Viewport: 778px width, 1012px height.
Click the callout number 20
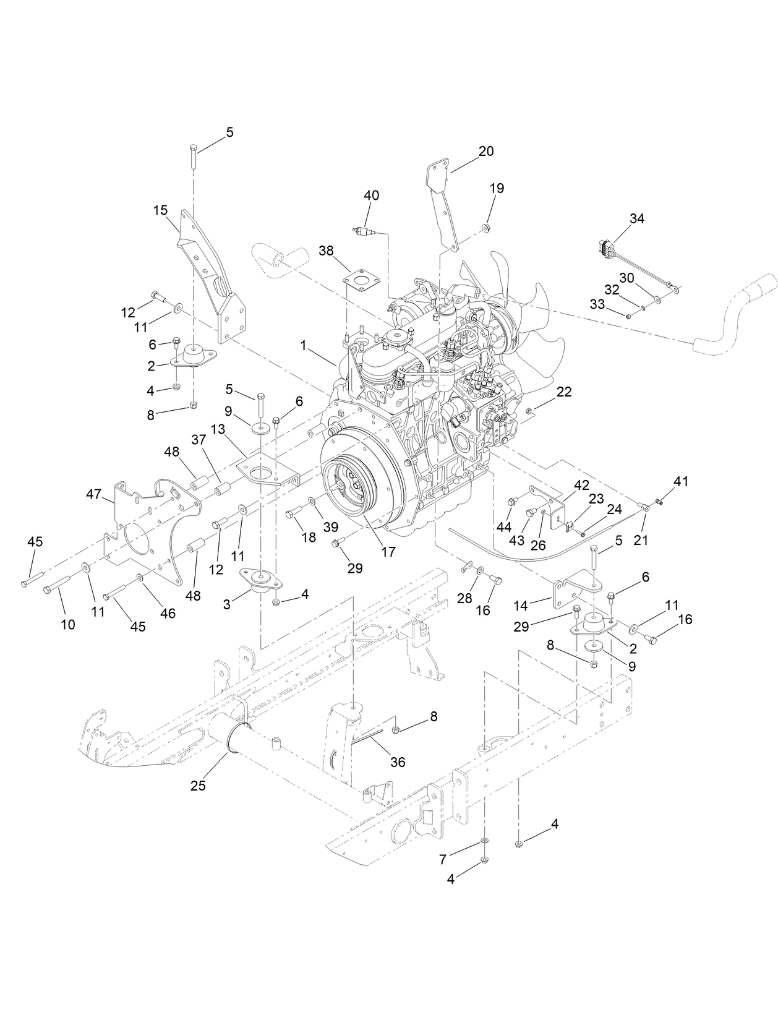tap(486, 151)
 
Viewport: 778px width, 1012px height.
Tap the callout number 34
tap(636, 218)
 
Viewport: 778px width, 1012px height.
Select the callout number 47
tap(93, 494)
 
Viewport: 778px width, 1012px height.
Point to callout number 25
tap(198, 786)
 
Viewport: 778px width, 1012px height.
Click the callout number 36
tap(398, 762)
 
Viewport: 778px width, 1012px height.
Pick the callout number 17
tap(388, 551)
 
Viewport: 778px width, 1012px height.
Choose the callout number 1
tap(304, 346)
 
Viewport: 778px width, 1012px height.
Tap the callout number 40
tap(371, 195)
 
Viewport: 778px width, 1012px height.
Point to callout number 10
tap(68, 624)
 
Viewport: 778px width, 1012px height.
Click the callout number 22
tap(563, 392)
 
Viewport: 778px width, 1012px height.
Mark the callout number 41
tap(681, 481)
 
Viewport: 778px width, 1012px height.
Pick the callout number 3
tap(227, 604)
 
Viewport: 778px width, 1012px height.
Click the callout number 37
tap(198, 440)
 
